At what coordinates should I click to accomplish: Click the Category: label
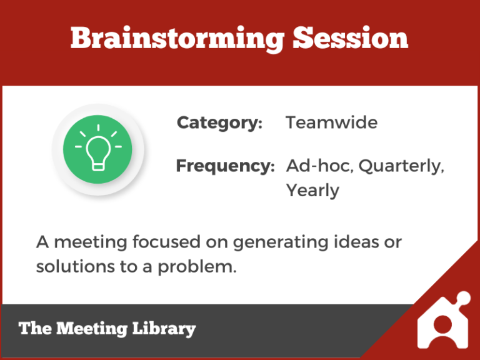(x=219, y=122)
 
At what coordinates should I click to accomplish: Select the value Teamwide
(x=331, y=122)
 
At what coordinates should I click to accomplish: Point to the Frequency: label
(x=225, y=166)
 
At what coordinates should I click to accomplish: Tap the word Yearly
(x=312, y=191)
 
